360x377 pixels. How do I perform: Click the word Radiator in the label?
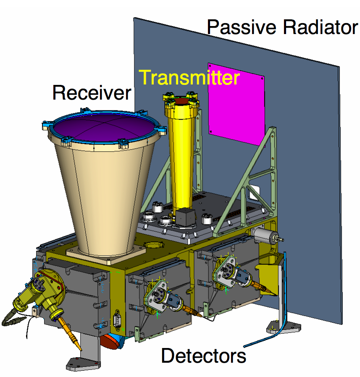(x=321, y=27)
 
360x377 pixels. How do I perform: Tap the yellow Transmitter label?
(x=189, y=77)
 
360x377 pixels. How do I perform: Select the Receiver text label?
(x=92, y=92)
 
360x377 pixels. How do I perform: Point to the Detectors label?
(x=204, y=356)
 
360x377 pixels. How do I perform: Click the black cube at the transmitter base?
(x=185, y=217)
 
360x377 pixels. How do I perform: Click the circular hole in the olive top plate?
(x=154, y=245)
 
